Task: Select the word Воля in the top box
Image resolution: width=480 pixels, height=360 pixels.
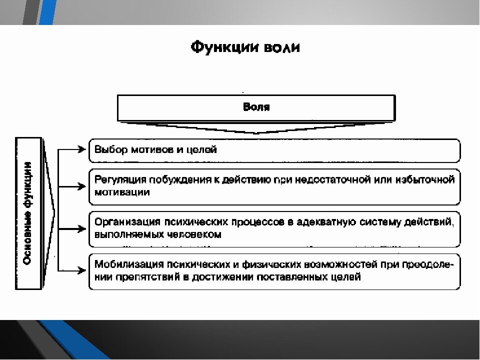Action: coord(256,107)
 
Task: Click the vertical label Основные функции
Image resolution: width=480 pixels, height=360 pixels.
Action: coord(28,213)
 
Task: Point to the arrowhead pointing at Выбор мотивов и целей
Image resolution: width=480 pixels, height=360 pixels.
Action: coord(82,149)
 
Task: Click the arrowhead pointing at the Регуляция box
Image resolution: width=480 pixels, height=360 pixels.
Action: coord(82,186)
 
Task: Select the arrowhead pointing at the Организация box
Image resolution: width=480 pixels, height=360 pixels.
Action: coord(82,228)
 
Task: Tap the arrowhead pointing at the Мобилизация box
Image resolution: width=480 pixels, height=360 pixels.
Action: coord(82,270)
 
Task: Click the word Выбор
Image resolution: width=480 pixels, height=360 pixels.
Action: coord(111,149)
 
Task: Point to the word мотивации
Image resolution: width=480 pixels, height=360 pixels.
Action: coord(122,192)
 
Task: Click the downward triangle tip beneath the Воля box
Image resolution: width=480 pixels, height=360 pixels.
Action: coord(256,134)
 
